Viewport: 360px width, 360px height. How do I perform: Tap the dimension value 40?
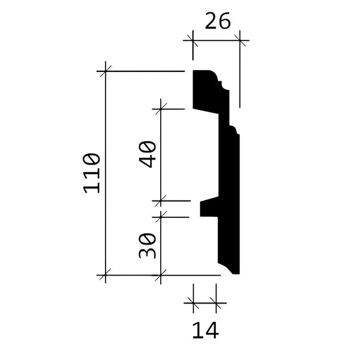147,155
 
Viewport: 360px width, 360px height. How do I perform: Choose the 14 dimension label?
204,330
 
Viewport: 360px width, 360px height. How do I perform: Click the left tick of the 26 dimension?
192,42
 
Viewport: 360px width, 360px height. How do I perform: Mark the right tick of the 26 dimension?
240,42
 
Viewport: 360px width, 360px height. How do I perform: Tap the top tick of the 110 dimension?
106,72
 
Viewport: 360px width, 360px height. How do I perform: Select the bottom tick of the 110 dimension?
106,274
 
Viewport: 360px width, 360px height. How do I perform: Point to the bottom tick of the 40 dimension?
161,201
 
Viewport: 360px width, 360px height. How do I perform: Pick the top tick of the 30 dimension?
161,217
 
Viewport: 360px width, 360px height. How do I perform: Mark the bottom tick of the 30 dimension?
161,274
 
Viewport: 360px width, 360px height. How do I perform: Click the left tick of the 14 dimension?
193,303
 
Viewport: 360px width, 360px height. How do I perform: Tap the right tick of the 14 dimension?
217,303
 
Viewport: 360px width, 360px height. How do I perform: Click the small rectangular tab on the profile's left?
207,209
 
